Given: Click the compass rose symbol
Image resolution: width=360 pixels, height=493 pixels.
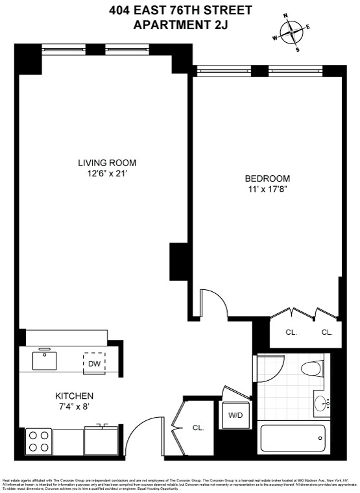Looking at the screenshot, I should click(293, 31).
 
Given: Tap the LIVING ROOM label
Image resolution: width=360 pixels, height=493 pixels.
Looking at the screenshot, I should click(107, 163).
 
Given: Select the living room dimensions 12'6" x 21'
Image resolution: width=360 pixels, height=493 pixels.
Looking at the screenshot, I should click(107, 173).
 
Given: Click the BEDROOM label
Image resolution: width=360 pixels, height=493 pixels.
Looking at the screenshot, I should click(267, 178).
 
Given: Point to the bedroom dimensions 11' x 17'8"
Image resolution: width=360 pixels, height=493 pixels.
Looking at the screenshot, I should click(267, 189).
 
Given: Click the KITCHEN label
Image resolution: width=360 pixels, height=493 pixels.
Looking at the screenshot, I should click(74, 396).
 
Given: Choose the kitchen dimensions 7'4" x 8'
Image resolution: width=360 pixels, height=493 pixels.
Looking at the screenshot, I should click(74, 407).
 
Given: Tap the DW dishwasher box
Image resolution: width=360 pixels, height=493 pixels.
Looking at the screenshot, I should click(94, 364).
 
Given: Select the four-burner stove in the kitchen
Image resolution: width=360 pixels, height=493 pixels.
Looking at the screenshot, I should click(39, 442).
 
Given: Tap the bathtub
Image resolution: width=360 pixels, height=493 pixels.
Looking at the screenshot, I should click(292, 439).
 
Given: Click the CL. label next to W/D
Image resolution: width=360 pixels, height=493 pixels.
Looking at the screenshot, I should click(198, 427).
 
